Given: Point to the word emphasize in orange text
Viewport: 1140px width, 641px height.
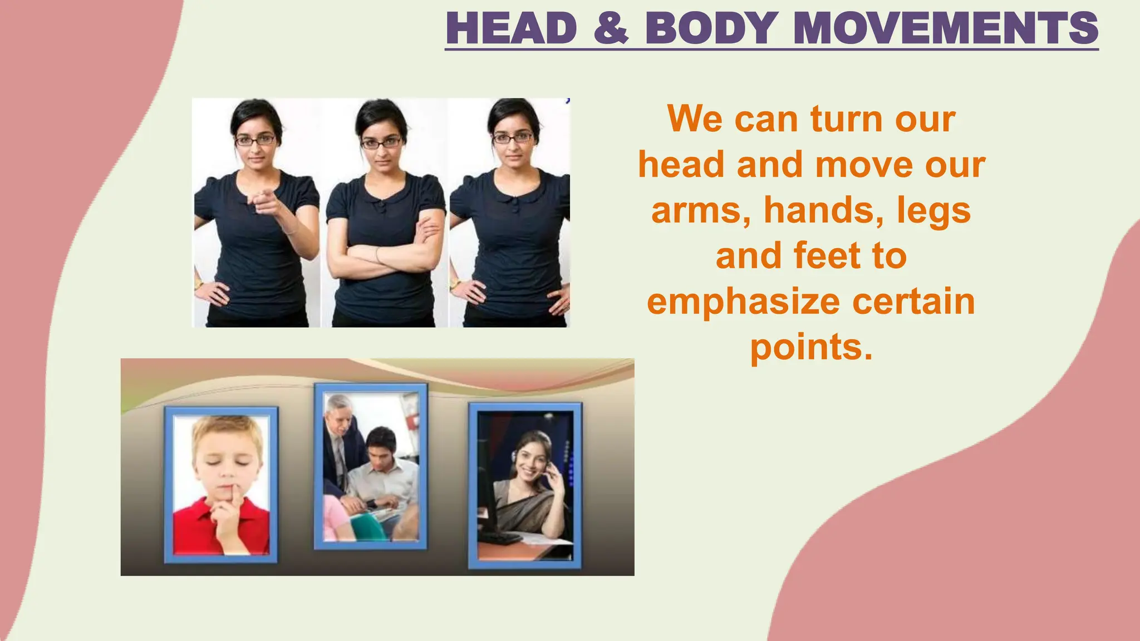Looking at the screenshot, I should pyautogui.click(x=743, y=302).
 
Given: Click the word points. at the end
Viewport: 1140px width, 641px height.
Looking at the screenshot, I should pyautogui.click(x=811, y=347).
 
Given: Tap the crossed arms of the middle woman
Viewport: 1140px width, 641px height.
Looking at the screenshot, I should pyautogui.click(x=384, y=253).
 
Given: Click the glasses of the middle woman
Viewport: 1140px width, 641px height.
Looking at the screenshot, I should pyautogui.click(x=382, y=143).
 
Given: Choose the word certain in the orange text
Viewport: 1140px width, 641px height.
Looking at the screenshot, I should pyautogui.click(x=913, y=302).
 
